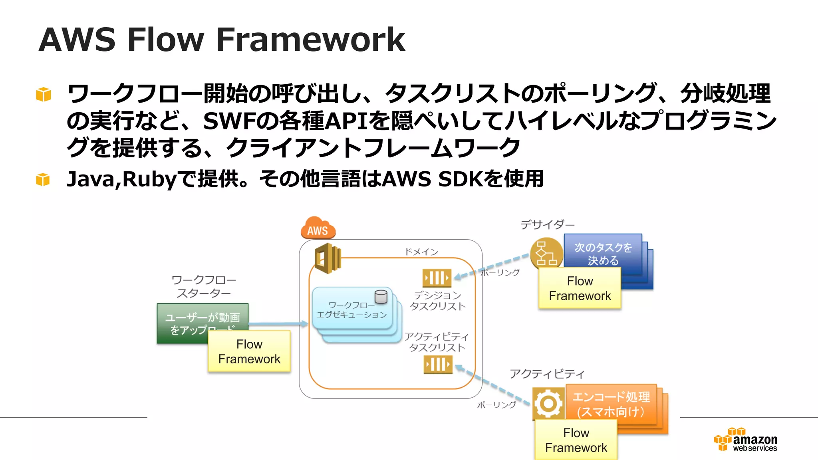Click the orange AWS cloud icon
coord(318,228)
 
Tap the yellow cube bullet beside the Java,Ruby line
coord(43,180)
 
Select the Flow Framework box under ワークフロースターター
coord(249,351)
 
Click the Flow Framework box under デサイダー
coord(580,288)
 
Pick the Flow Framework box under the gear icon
coord(576,440)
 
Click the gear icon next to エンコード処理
coord(548,403)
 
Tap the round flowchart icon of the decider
coord(546,253)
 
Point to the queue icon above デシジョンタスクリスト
coord(437,278)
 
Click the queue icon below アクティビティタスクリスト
coord(438,364)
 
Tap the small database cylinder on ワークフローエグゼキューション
coord(381,297)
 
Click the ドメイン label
coord(421,252)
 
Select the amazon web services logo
coord(746,440)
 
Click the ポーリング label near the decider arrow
coord(500,273)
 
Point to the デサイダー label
coord(547,225)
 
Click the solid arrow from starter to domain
coord(278,324)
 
